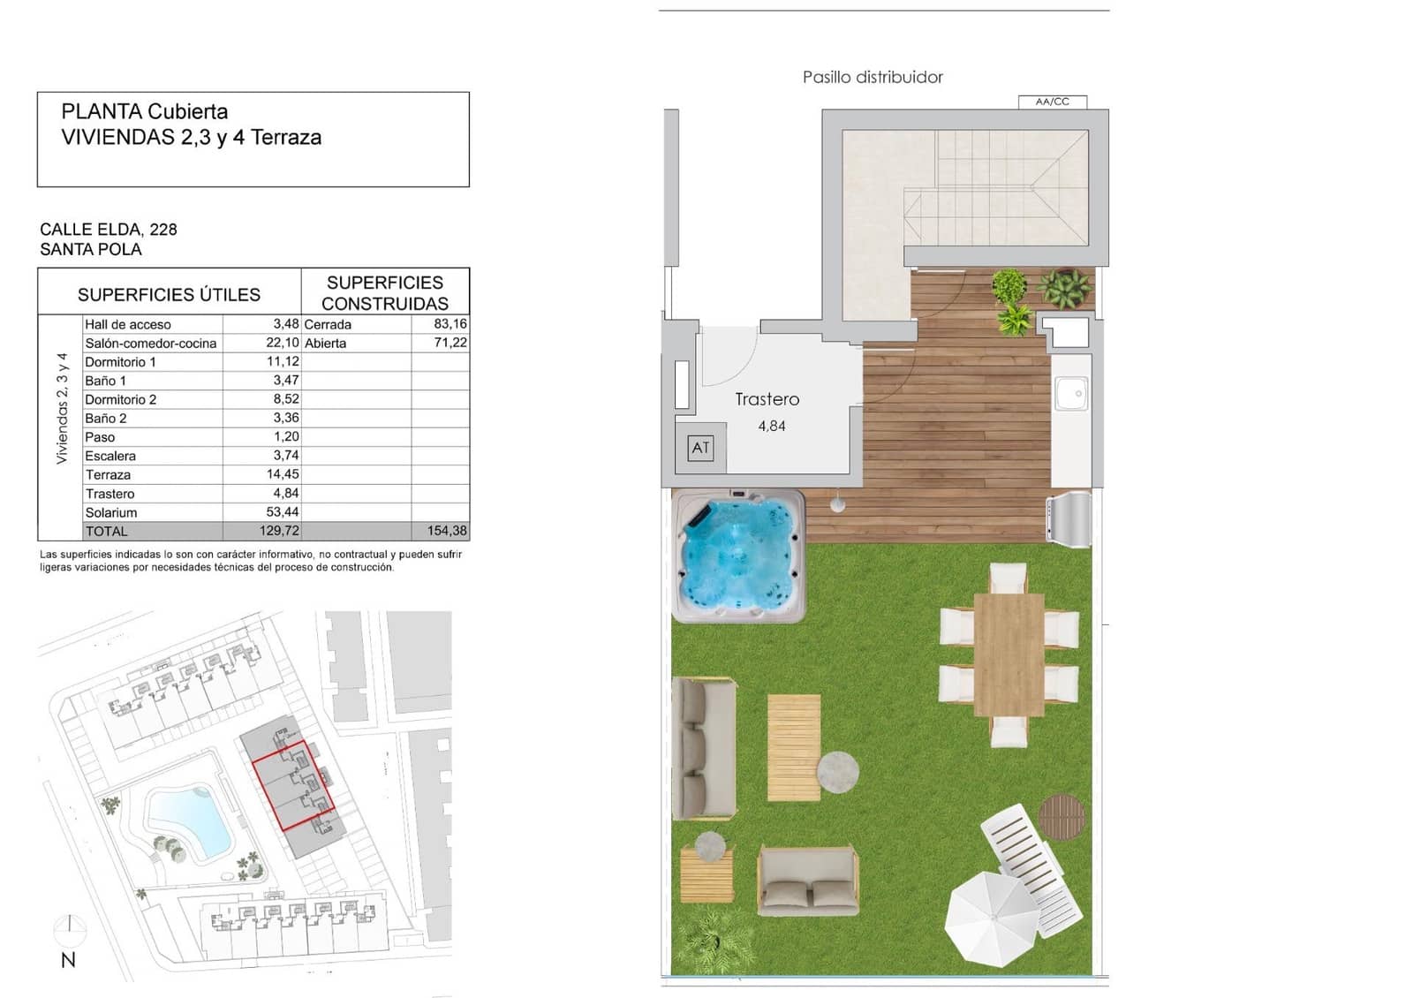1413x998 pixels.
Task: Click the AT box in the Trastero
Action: pos(700,448)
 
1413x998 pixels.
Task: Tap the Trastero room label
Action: pos(767,399)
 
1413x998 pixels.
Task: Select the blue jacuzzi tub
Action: pos(738,556)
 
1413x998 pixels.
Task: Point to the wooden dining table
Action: pos(1009,654)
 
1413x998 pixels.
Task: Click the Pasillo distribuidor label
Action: pos(873,78)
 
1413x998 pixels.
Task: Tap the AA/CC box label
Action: pos(1052,102)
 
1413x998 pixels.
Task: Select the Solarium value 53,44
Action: pos(282,512)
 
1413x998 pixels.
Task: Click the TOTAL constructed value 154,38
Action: pos(447,531)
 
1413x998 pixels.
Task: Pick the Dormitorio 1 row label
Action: pos(120,362)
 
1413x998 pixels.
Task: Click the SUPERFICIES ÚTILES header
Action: pos(169,294)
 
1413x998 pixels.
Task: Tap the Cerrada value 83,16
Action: pos(450,324)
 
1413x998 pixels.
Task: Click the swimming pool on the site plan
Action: pos(190,820)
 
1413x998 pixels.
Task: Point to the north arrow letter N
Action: pos(68,960)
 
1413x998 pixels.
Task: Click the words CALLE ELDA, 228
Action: pos(108,230)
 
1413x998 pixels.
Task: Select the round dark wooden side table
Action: pos(1061,816)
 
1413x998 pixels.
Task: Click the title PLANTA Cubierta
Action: pos(144,112)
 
